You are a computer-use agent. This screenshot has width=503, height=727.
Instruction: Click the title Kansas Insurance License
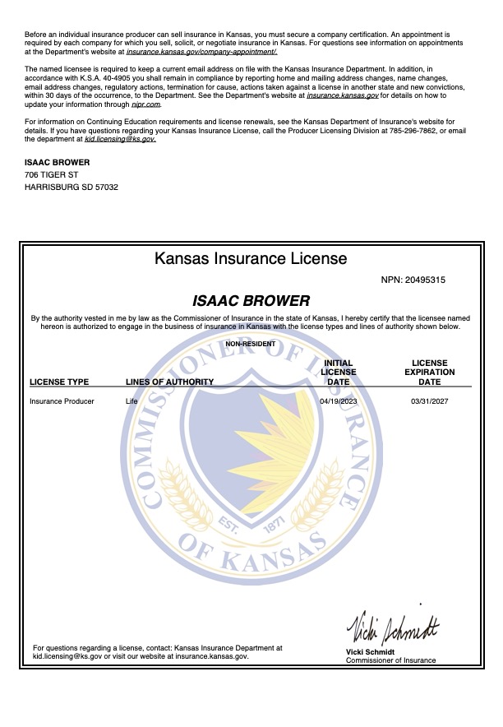coord(251,258)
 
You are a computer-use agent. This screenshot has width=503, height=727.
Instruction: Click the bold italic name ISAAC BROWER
coord(251,301)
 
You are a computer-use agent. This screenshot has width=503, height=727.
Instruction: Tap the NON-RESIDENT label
coord(251,344)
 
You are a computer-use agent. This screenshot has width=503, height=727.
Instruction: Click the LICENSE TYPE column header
coord(59,382)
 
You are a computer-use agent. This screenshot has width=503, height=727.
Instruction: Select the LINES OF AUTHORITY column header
coord(169,382)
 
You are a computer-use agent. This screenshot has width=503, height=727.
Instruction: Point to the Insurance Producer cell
coord(62,401)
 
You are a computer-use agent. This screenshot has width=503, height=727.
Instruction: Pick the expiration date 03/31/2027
coord(429,401)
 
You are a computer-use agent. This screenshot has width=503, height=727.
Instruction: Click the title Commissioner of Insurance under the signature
coord(390,660)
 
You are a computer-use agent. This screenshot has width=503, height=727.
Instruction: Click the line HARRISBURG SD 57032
coord(72,188)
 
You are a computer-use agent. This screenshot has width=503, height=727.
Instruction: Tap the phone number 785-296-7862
coord(426,131)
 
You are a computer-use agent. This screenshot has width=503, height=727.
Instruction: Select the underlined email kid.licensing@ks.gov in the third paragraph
coord(120,140)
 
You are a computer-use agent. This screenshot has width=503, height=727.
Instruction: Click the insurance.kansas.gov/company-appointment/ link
coord(201,51)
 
